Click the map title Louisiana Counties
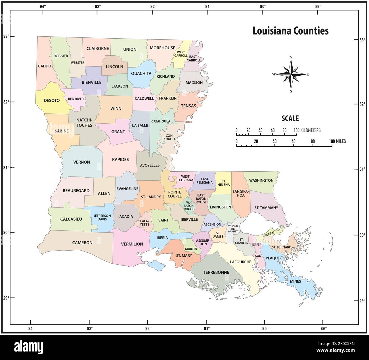[290, 31]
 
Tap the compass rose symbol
[291, 74]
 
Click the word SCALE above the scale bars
[290, 118]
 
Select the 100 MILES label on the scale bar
[337, 141]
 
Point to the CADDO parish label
[45, 66]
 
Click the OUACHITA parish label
[141, 73]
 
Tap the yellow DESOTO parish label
[52, 100]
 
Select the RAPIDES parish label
[120, 159]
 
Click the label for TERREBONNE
[216, 272]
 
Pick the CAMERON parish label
[82, 243]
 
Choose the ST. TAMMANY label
[266, 208]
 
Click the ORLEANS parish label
[269, 233]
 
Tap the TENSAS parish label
[188, 106]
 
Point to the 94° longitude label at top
[43, 6]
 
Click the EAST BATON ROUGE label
[201, 199]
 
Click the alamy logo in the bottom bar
[29, 347]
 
